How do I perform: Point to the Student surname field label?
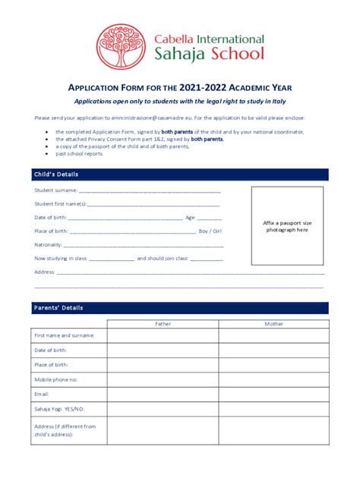pyautogui.click(x=55, y=190)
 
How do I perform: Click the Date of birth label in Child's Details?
pyautogui.click(x=50, y=217)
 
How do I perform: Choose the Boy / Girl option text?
pyautogui.click(x=210, y=231)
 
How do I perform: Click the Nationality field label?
pyautogui.click(x=49, y=244)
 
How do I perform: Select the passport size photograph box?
pyautogui.click(x=287, y=225)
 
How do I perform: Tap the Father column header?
pyautogui.click(x=163, y=323)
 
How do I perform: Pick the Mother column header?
pyautogui.click(x=273, y=323)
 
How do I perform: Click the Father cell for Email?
pyautogui.click(x=163, y=394)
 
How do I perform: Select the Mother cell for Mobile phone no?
pyautogui.click(x=273, y=379)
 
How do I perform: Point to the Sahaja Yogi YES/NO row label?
pyautogui.click(x=60, y=408)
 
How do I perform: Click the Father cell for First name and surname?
pyautogui.click(x=163, y=335)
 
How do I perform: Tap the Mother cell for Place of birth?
pyautogui.click(x=273, y=365)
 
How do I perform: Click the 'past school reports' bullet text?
pyautogui.click(x=79, y=153)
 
